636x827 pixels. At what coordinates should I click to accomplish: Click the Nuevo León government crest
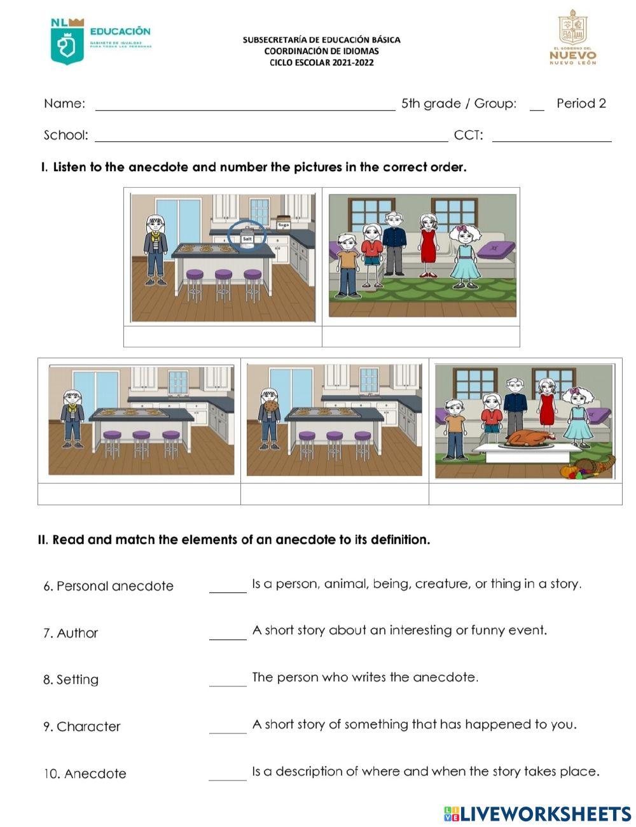click(572, 29)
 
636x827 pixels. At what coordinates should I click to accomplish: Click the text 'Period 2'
click(581, 103)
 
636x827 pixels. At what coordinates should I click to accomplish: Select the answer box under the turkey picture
click(525, 494)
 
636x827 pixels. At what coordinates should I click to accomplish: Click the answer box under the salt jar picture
click(223, 337)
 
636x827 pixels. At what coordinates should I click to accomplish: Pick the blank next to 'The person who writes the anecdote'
click(227, 680)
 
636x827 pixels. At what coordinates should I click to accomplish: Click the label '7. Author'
click(71, 633)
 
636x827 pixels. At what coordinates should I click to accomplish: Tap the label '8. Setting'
click(71, 679)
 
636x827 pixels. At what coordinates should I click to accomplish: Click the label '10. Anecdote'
click(85, 774)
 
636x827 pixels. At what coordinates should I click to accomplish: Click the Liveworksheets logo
click(537, 814)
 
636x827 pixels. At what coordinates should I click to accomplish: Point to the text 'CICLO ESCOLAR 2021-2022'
click(321, 62)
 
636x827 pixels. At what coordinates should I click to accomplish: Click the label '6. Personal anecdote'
click(108, 586)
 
